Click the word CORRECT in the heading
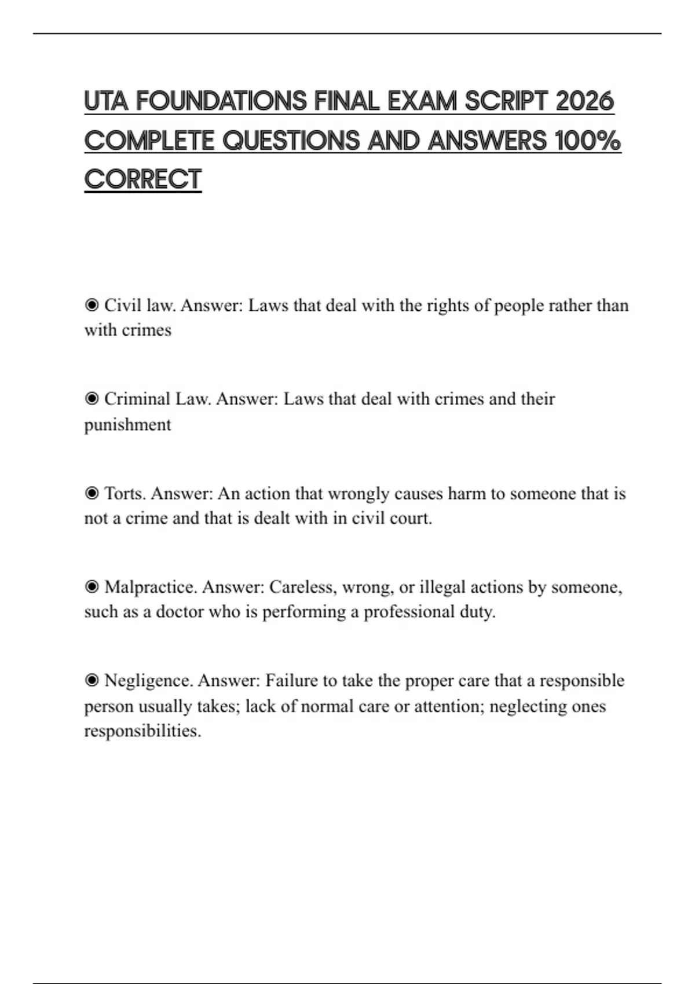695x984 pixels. [x=142, y=179]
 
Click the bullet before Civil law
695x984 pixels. [x=92, y=305]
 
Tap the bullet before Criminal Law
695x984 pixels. [x=92, y=399]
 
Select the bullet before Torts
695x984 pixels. [x=92, y=494]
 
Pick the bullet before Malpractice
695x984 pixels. [x=92, y=587]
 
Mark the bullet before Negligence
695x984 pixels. [x=92, y=681]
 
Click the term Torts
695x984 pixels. [x=125, y=494]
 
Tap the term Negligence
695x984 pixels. [x=148, y=681]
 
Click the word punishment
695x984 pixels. [x=127, y=425]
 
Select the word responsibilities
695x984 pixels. [x=142, y=731]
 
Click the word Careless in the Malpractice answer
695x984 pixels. [x=303, y=587]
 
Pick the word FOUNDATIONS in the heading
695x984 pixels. [x=220, y=101]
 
